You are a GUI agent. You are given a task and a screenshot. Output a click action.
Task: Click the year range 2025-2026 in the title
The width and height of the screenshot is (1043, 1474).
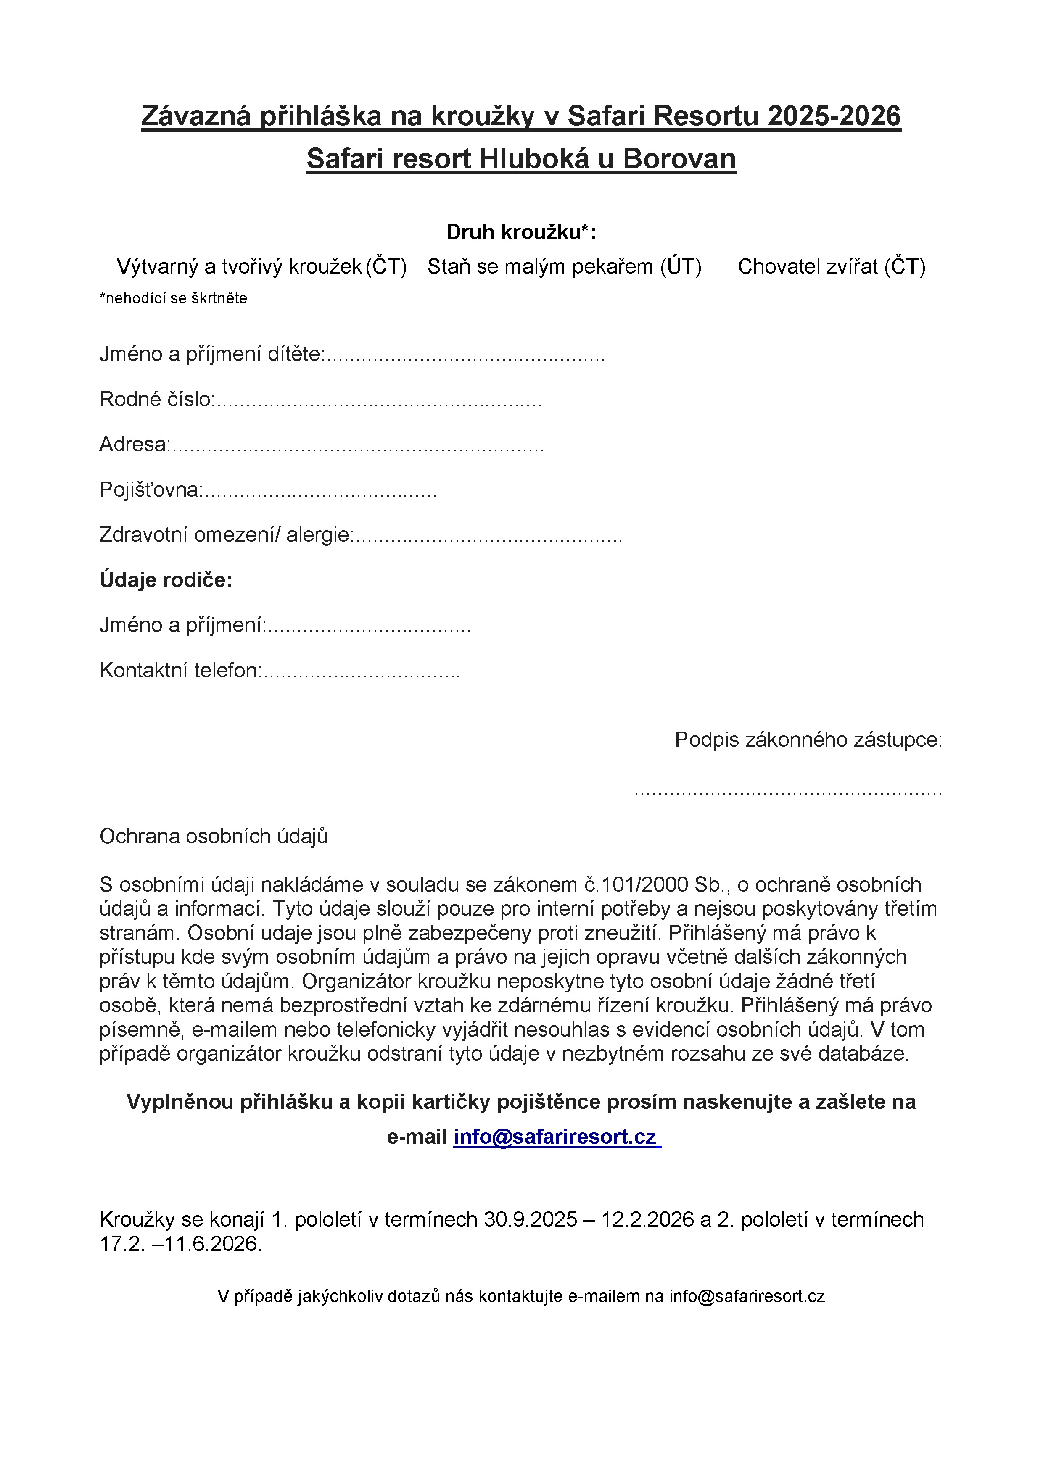tap(834, 116)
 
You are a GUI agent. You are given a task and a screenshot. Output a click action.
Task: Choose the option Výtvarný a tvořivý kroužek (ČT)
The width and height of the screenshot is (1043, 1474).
tap(261, 266)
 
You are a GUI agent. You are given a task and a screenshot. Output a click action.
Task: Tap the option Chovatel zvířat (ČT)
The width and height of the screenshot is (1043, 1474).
tap(831, 266)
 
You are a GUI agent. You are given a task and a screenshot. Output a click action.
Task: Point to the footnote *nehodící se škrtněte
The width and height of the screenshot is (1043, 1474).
tap(173, 298)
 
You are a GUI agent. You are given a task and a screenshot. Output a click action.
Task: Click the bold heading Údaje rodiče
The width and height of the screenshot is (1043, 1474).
tap(166, 580)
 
